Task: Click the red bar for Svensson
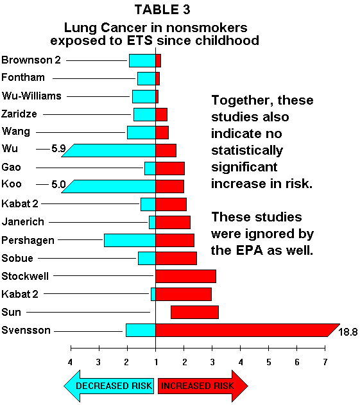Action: (x=245, y=330)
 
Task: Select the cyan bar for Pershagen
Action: (x=130, y=240)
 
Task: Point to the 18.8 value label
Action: (x=348, y=332)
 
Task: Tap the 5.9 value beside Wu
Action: (x=58, y=148)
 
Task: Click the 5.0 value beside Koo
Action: (x=58, y=184)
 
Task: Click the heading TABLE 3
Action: (x=162, y=10)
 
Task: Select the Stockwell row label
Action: (x=25, y=276)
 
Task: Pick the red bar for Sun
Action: (x=194, y=312)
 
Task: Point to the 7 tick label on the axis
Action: (x=325, y=362)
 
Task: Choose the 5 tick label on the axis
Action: (x=269, y=362)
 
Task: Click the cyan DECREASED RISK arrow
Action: (x=109, y=386)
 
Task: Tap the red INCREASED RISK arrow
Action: (x=203, y=386)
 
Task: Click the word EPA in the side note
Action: (x=250, y=250)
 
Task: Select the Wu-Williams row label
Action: (x=31, y=96)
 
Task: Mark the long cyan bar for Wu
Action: (x=108, y=150)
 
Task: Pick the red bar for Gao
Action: (x=170, y=168)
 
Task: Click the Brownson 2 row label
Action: (x=31, y=60)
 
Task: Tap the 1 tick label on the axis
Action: (x=156, y=362)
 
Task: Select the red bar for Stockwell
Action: (x=185, y=276)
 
